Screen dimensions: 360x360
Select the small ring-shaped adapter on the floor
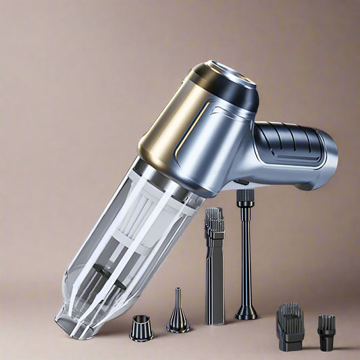coord(141,328)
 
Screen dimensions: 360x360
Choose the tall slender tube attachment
coord(245,257)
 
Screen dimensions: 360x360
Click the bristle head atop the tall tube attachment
coord(244,197)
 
